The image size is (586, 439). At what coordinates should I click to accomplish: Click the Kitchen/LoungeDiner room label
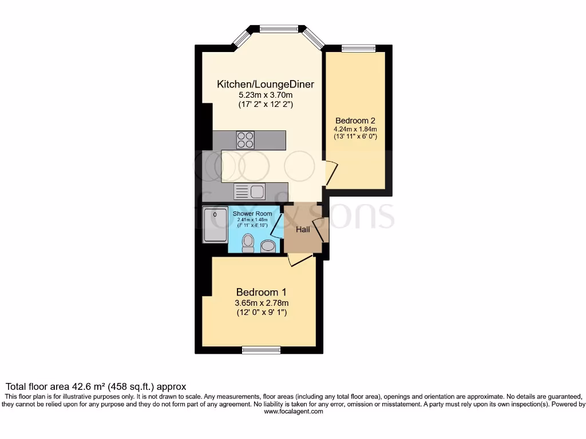pyautogui.click(x=266, y=84)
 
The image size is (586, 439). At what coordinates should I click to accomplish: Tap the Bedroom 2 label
pyautogui.click(x=355, y=121)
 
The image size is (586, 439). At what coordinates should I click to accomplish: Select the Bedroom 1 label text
pyautogui.click(x=262, y=292)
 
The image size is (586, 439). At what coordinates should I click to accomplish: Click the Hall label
pyautogui.click(x=303, y=229)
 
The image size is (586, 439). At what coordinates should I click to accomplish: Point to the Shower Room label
pyautogui.click(x=252, y=214)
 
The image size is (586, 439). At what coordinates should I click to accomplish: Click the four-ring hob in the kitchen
pyautogui.click(x=246, y=140)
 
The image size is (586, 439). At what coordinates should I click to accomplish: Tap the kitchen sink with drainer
pyautogui.click(x=248, y=191)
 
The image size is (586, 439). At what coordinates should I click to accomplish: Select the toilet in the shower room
pyautogui.click(x=248, y=243)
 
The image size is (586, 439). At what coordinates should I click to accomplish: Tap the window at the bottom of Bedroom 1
pyautogui.click(x=260, y=349)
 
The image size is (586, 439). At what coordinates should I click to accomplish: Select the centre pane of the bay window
pyautogui.click(x=279, y=27)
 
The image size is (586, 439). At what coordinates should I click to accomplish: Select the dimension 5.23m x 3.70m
pyautogui.click(x=266, y=95)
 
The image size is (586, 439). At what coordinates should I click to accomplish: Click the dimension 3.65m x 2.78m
pyautogui.click(x=262, y=303)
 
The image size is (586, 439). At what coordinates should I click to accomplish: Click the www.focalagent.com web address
pyautogui.click(x=292, y=410)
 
